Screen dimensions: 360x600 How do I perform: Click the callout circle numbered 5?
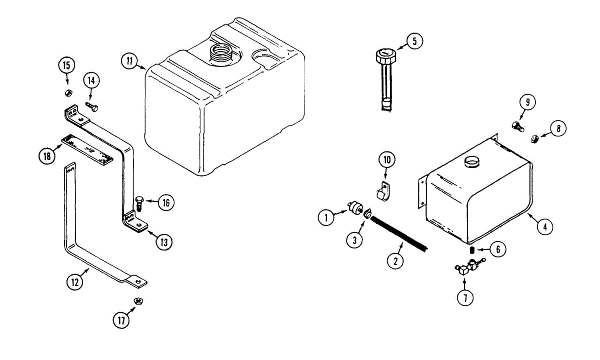[x=414, y=41]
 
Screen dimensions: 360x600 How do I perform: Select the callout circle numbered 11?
[x=129, y=61]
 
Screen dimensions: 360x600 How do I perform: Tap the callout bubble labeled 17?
[x=120, y=319]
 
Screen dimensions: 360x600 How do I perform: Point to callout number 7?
[x=465, y=297]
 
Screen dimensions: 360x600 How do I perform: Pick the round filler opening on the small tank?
[x=472, y=161]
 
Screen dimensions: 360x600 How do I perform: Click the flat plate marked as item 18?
[x=87, y=149]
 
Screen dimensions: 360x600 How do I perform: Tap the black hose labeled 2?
[x=400, y=234]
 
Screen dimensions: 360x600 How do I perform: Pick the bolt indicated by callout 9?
[x=517, y=126]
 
